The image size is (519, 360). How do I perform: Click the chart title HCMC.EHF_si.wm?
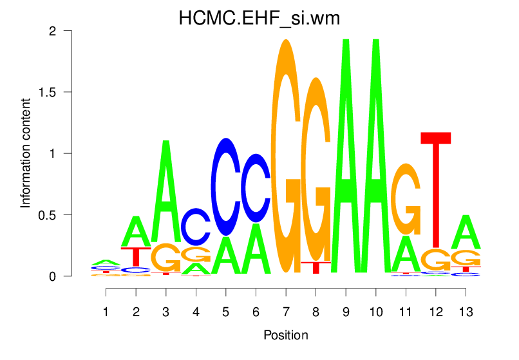pos(259,19)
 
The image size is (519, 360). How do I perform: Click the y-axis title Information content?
pos(26,153)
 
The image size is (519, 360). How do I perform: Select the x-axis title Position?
pos(285,335)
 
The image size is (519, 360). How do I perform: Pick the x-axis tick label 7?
pos(285,312)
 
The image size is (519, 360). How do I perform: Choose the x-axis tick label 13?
pos(466,312)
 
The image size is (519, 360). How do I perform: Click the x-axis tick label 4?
pos(196,312)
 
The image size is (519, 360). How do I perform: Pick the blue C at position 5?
pos(225,187)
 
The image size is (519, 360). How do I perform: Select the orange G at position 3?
pos(166,258)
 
